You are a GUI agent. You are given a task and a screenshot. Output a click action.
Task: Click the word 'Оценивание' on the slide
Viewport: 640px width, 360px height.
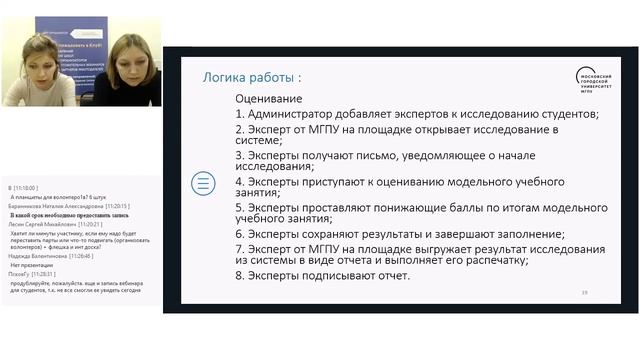(x=268, y=100)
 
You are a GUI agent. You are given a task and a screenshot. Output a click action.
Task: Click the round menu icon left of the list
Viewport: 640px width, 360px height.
(x=202, y=183)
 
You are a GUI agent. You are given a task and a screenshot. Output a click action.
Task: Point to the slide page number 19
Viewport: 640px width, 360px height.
(x=585, y=292)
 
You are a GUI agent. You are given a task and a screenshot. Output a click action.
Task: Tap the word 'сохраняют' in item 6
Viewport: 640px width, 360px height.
(x=345, y=234)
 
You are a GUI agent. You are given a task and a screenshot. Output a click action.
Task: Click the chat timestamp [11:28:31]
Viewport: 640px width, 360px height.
(x=42, y=273)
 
